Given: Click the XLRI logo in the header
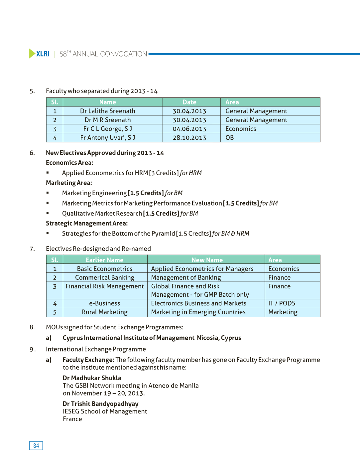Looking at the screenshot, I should coord(39,54).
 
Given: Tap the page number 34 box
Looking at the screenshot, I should coord(36,445).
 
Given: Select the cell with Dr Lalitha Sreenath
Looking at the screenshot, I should coord(107,111).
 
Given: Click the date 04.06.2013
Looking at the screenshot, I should coord(189,129).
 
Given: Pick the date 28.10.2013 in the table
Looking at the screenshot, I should coord(189,138).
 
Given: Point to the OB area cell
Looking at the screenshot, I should coord(230,138).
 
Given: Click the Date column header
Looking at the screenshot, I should coord(189,102).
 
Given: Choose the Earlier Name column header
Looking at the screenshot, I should coord(104,260).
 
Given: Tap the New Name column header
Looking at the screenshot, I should coord(207,260).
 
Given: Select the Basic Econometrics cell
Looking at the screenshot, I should coord(104,269).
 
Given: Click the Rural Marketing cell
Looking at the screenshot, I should coord(104,312).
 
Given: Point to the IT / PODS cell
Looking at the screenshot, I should coord(282,303).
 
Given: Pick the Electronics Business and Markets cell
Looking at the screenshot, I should coord(198,303).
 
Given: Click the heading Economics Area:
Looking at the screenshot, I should coord(69,163).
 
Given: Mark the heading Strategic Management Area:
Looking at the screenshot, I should coord(87,223).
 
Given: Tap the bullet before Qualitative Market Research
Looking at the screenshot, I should coord(48,213).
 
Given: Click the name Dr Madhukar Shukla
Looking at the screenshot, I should coord(92,378).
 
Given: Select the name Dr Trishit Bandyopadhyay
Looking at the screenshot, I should coord(100,404).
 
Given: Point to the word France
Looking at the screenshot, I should coord(72,419).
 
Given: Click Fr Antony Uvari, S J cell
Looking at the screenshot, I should coord(107,138).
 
